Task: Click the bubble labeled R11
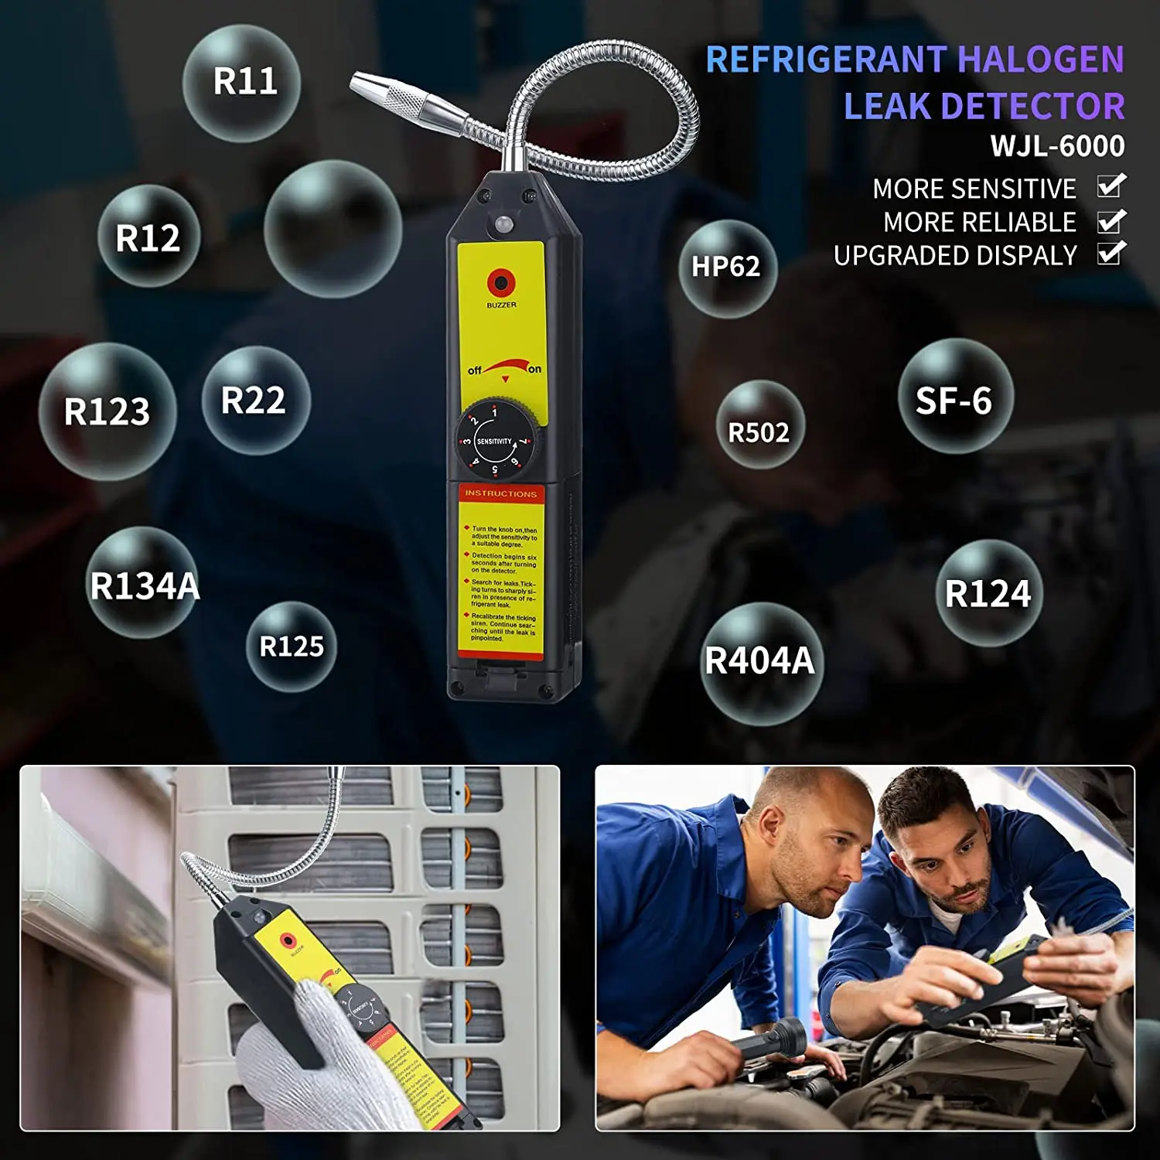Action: (x=241, y=82)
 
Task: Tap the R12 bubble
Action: (x=148, y=237)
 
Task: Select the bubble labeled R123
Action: (x=107, y=411)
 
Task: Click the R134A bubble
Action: (x=143, y=584)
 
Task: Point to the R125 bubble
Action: (x=292, y=647)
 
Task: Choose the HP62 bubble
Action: (x=727, y=268)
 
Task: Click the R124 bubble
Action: (x=988, y=593)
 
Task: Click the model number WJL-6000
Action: (x=1057, y=146)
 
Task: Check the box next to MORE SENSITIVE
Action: (x=1111, y=187)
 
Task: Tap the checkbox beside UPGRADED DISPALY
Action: (x=1111, y=254)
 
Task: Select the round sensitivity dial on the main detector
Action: (x=495, y=441)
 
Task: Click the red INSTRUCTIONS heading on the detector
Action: (x=500, y=493)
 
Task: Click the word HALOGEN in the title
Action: (x=1040, y=60)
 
